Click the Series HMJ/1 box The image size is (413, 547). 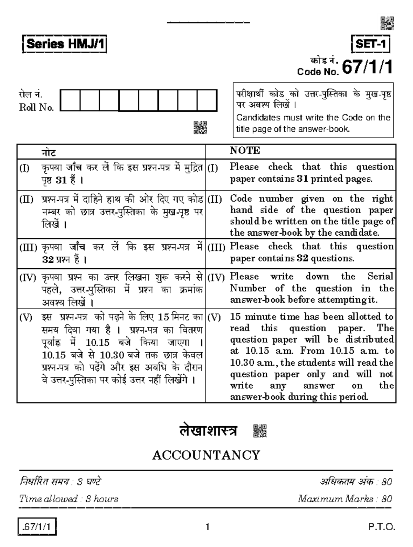(64, 44)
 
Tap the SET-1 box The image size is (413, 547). (371, 44)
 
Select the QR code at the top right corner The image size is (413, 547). (387, 23)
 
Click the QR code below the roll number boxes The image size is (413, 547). (200, 127)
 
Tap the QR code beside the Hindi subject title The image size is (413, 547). (260, 431)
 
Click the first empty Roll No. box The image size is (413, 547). (70, 100)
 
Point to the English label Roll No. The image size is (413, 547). (36, 108)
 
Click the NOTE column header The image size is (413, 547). (245, 151)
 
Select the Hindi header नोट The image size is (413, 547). (49, 153)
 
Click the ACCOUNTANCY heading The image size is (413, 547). (206, 455)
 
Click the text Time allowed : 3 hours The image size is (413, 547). (68, 499)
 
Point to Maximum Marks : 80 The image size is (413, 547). (345, 499)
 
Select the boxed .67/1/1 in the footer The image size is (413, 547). (37, 527)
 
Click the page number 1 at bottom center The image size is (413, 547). (207, 527)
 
